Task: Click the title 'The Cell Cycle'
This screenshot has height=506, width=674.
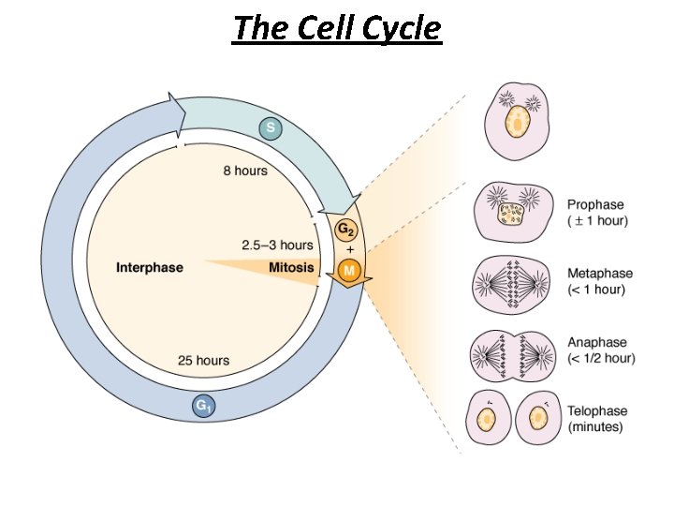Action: [x=337, y=28]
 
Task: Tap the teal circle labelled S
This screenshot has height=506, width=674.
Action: [x=271, y=128]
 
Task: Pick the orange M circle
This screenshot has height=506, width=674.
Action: [x=348, y=272]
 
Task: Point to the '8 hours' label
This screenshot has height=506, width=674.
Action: [x=245, y=171]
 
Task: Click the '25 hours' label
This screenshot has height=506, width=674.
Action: [x=203, y=360]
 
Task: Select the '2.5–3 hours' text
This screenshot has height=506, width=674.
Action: [x=277, y=246]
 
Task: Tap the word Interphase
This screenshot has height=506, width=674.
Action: [x=150, y=268]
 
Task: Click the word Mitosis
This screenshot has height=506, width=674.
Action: [x=290, y=268]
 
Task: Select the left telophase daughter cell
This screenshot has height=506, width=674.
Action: [x=490, y=419]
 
